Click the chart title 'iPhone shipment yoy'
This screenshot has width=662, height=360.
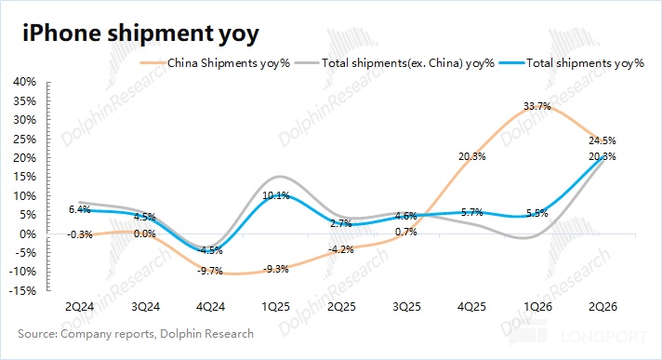pos(140,33)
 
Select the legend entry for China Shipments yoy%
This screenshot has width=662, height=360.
pos(215,63)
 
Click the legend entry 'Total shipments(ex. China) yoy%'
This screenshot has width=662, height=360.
pos(394,63)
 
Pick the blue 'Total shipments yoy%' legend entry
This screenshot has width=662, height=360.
pos(572,63)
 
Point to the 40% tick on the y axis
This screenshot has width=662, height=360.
pos(25,82)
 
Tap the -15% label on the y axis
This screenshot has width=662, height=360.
pos(23,291)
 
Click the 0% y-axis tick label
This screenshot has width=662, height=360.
pos(28,233)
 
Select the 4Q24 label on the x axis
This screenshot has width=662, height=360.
pos(210,306)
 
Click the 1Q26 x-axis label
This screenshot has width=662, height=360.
pos(537,306)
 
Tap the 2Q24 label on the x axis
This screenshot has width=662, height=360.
pos(79,306)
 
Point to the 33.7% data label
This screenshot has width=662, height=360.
pos(537,106)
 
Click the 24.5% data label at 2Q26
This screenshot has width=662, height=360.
pos(602,140)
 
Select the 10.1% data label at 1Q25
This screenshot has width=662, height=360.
pos(276,195)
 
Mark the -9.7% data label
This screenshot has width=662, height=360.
pos(210,271)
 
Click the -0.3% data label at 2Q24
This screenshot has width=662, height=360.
pos(79,234)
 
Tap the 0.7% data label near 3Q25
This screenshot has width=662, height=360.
pos(406,232)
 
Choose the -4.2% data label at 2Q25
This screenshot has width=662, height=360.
pos(340,249)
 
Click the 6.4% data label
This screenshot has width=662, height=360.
pos(80,209)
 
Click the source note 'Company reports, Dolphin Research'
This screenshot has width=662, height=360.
pos(157,334)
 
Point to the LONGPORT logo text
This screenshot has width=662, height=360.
pos(604,337)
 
